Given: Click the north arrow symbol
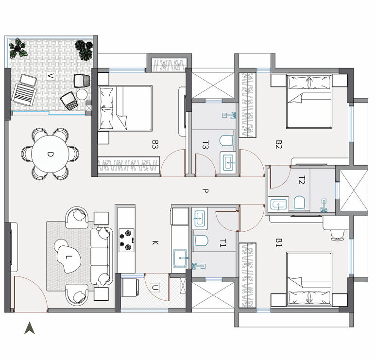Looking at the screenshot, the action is [x=30, y=328].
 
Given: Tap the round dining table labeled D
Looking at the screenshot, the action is [x=50, y=154].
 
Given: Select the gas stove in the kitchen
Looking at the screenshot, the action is [x=126, y=240].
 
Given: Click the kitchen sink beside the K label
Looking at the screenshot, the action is [x=180, y=258].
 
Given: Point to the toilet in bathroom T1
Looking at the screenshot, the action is [x=201, y=241].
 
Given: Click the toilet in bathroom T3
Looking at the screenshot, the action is [x=226, y=141].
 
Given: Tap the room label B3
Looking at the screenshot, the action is [x=155, y=144].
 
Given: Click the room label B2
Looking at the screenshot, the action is [x=278, y=145].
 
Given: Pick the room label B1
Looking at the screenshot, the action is [x=278, y=242].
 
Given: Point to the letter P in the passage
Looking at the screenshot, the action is [x=205, y=191].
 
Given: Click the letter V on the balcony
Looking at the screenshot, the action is [x=50, y=76].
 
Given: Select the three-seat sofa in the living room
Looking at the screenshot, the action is [x=102, y=256].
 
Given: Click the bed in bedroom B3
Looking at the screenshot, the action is [x=125, y=108].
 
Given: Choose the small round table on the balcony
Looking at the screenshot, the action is [x=82, y=94].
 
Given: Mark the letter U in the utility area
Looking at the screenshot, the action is [x=155, y=287].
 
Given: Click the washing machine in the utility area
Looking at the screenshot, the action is [x=130, y=287].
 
